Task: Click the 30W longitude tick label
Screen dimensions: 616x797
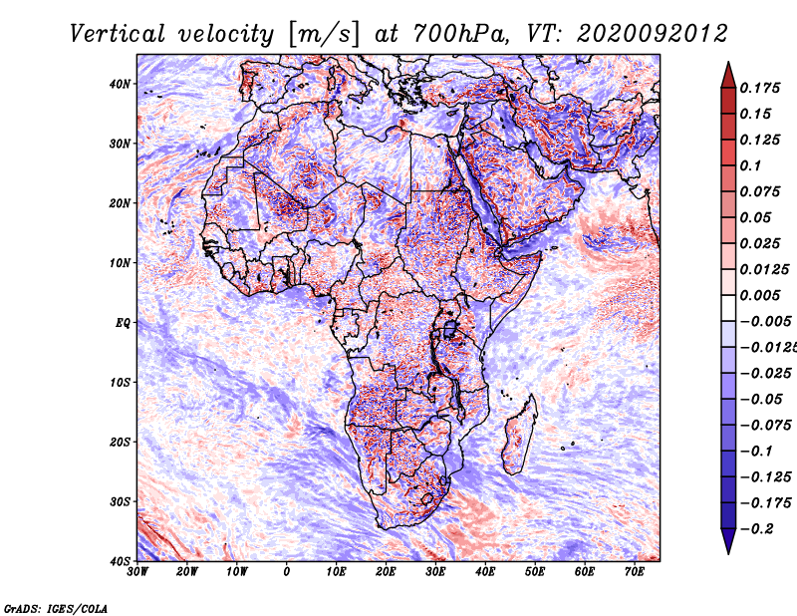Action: [137, 572]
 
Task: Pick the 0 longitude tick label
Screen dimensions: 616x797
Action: [287, 572]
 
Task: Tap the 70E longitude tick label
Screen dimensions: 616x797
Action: [634, 572]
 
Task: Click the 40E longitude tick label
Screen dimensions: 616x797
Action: [485, 572]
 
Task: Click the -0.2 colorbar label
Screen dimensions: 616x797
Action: [754, 528]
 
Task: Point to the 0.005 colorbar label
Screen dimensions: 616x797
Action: [758, 296]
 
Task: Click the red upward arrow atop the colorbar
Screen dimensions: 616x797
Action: [728, 74]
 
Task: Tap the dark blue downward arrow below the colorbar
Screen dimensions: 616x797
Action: [728, 541]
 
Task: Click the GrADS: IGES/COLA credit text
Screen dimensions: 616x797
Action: [56, 607]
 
